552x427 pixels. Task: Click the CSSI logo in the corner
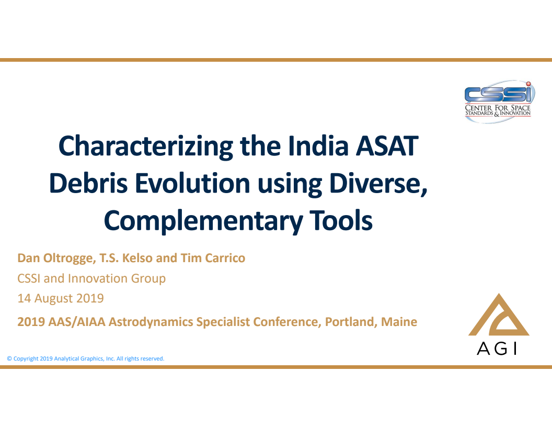tap(498, 101)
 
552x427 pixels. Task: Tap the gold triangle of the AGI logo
tap(499, 317)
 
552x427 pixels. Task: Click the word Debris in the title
tap(87, 183)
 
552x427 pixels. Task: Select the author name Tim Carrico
tap(213, 258)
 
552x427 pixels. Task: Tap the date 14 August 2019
tap(61, 298)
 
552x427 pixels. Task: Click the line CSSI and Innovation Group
tap(91, 278)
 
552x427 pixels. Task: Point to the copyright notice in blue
tap(85, 359)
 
